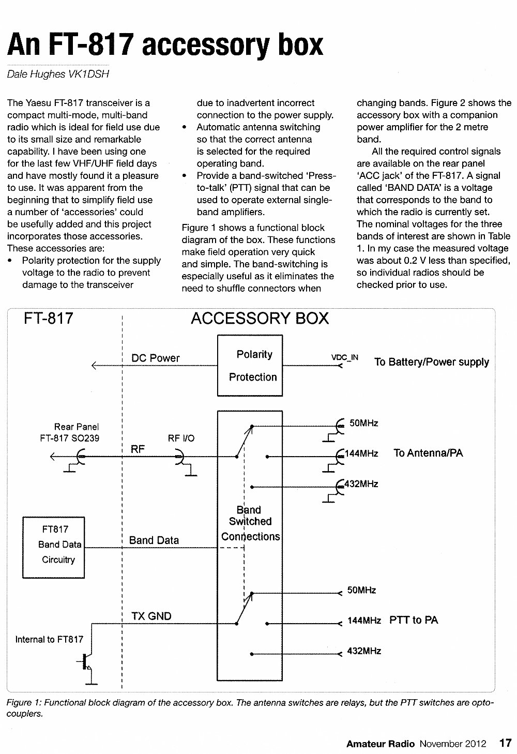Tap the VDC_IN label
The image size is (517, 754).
tap(345, 357)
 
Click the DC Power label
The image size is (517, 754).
tap(156, 358)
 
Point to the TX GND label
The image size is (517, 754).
tap(151, 616)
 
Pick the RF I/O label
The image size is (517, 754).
tap(181, 438)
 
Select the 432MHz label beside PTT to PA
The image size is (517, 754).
tap(364, 651)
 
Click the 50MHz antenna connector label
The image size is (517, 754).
tap(364, 423)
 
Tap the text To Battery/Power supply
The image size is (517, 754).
tap(432, 362)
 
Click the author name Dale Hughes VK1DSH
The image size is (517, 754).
tap(58, 74)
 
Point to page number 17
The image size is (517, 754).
tap(505, 743)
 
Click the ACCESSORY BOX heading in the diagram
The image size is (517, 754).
tap(260, 318)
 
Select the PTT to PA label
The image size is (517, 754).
tap(414, 620)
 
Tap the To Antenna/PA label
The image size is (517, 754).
tap(428, 453)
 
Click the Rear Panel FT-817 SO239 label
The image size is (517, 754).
tap(70, 432)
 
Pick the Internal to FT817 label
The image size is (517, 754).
tap(49, 639)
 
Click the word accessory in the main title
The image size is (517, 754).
tap(205, 46)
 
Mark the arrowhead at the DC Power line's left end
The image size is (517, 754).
tap(94, 366)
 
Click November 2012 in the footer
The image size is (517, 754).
tap(453, 744)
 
